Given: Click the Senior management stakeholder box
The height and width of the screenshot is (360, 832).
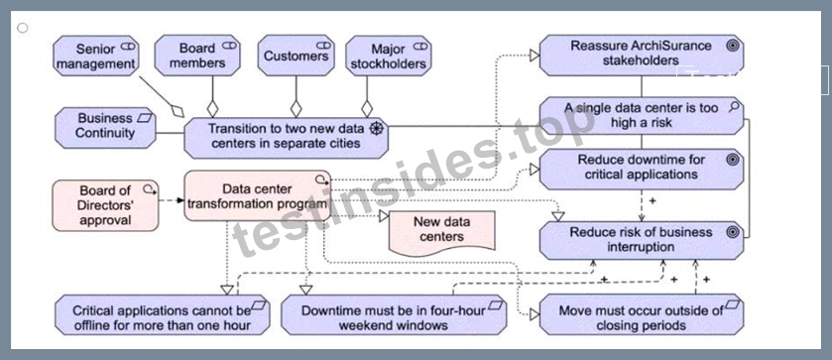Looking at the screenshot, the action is [x=96, y=56].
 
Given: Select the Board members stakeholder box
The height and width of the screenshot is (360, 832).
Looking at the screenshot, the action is [x=197, y=56].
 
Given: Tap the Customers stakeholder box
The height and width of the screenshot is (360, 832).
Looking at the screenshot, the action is [x=297, y=56].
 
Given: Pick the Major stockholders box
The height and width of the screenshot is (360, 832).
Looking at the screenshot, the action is [x=389, y=56].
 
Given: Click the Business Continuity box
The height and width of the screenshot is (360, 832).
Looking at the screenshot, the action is [x=105, y=128].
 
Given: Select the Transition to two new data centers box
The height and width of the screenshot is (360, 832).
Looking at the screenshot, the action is [x=286, y=138].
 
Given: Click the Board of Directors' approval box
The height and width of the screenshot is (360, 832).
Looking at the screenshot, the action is [x=105, y=205].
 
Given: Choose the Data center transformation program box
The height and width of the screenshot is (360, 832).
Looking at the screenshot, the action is [x=258, y=195].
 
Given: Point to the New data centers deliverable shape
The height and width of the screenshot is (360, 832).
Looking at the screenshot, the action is [x=442, y=233].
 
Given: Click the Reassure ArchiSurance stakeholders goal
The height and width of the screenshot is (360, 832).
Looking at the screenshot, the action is [x=642, y=56].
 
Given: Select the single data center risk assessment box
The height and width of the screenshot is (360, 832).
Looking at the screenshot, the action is [x=642, y=115].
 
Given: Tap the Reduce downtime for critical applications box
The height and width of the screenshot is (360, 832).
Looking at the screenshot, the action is [x=642, y=169].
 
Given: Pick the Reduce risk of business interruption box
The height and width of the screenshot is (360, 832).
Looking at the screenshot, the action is [x=642, y=241].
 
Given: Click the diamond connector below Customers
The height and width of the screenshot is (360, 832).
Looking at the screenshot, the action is [x=297, y=108].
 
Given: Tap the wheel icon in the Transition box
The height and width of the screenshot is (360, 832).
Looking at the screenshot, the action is [x=376, y=129].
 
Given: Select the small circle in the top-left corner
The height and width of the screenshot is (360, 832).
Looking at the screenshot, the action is [x=22, y=28].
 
